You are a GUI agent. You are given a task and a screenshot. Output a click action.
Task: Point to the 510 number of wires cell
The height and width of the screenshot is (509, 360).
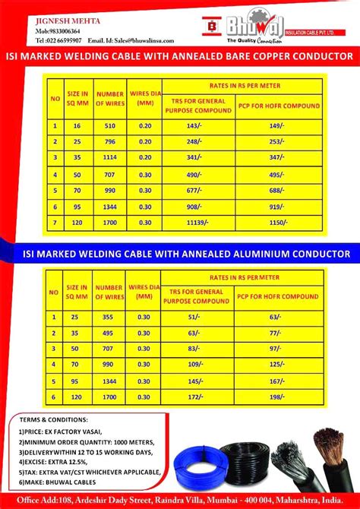pos(110,125)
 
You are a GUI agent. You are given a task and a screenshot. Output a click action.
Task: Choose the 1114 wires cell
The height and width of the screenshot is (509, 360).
pos(110,156)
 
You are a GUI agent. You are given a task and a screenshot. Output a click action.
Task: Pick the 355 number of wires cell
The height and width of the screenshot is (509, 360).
pos(109,317)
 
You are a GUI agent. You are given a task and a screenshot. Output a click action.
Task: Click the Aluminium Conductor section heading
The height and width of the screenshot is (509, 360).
pos(179,253)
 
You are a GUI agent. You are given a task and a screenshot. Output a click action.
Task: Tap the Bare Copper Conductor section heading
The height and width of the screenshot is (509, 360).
pos(179,57)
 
